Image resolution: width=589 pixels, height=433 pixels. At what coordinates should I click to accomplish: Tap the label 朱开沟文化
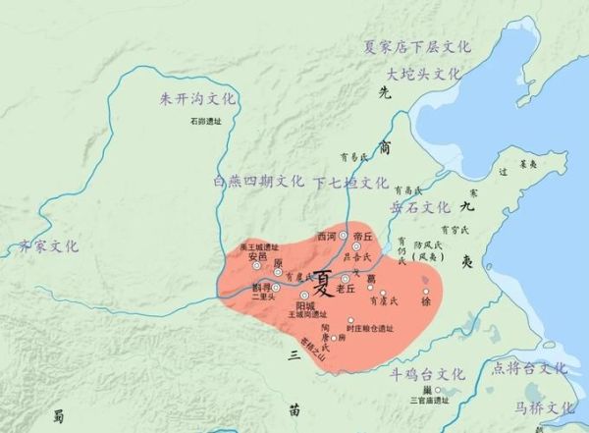[x=198, y=98]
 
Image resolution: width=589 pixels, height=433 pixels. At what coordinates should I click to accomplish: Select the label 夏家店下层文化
[x=417, y=46]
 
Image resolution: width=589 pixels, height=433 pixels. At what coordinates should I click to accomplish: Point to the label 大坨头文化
[x=423, y=74]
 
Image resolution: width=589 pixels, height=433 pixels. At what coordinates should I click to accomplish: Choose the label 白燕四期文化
[x=258, y=182]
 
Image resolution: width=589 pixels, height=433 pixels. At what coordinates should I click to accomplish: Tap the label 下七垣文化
[x=350, y=182]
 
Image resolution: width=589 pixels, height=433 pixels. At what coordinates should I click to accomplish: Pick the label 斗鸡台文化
[x=425, y=374]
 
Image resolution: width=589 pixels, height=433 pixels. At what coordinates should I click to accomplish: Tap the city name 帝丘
[x=363, y=237]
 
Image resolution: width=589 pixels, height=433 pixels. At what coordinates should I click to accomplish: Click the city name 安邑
[x=257, y=257]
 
